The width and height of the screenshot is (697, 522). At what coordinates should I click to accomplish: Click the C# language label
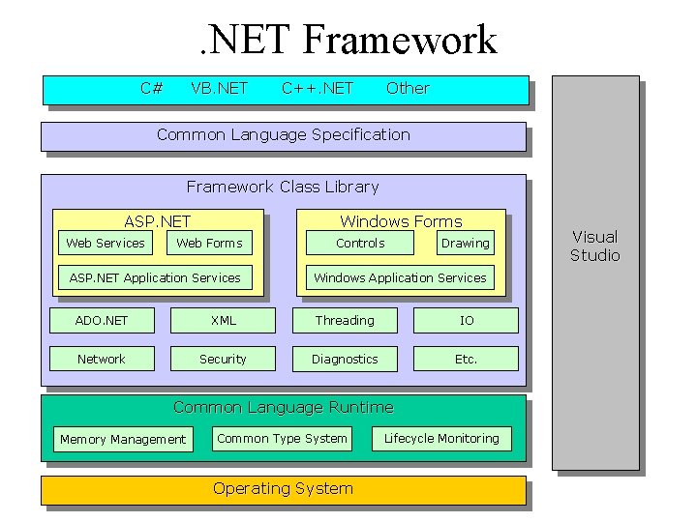151,88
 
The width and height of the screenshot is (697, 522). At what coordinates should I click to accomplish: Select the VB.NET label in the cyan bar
219,88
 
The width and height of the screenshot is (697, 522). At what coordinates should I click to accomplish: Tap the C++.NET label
318,88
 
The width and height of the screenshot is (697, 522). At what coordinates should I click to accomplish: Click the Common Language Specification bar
283,135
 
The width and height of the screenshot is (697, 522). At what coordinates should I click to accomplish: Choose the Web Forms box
209,243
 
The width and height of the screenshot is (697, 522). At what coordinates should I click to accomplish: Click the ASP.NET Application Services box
155,277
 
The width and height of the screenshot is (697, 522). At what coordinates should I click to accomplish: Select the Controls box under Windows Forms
360,243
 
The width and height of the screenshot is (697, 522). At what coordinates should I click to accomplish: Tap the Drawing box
465,243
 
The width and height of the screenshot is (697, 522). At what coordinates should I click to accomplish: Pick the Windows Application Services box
400,277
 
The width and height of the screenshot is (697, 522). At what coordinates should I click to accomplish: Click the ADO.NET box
102,320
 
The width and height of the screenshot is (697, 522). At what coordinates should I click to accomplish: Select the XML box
223,320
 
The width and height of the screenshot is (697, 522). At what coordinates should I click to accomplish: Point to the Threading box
345,320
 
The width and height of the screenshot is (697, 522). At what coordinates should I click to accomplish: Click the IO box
467,320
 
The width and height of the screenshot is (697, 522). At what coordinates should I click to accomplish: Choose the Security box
223,359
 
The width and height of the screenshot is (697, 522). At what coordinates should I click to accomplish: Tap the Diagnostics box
345,359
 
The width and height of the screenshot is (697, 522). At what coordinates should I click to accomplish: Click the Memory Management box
123,439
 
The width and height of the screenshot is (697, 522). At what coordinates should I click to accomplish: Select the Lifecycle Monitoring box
441,438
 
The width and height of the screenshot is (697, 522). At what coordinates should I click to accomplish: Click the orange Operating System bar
283,489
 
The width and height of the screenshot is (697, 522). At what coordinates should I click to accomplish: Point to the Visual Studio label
594,246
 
